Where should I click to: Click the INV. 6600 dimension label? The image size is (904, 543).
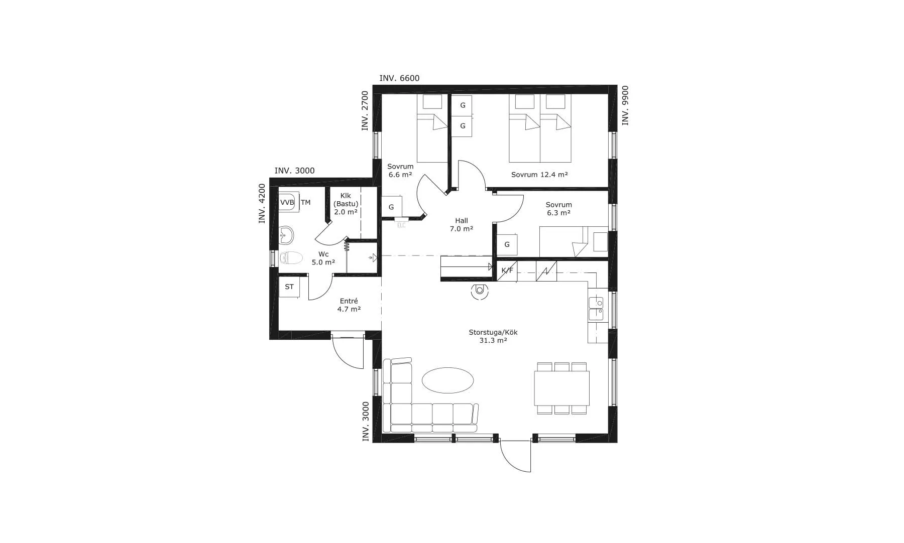point(399,78)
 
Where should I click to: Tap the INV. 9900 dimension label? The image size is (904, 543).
point(625,105)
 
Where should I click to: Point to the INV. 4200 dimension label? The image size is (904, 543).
point(262,203)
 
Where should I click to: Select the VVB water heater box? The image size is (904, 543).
point(287,203)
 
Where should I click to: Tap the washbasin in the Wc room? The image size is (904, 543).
point(286,233)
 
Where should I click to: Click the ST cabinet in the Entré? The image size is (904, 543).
point(289,287)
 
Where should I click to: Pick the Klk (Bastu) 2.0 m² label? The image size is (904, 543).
point(346,204)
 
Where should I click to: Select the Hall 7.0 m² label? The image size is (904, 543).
point(461,224)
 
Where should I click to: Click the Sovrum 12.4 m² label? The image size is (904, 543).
point(539,175)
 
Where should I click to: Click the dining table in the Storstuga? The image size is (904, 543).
point(561,388)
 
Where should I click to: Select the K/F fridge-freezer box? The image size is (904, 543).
point(507,270)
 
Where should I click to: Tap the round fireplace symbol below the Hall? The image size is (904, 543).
point(480,291)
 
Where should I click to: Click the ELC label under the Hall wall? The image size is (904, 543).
point(401,225)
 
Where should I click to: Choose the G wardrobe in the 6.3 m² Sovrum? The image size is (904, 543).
point(507,244)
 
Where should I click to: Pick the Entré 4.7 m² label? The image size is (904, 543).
point(349,305)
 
